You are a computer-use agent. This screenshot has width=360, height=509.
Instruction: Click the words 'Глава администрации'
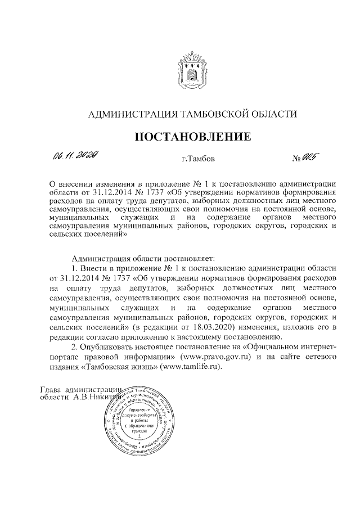coord(82,390)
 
